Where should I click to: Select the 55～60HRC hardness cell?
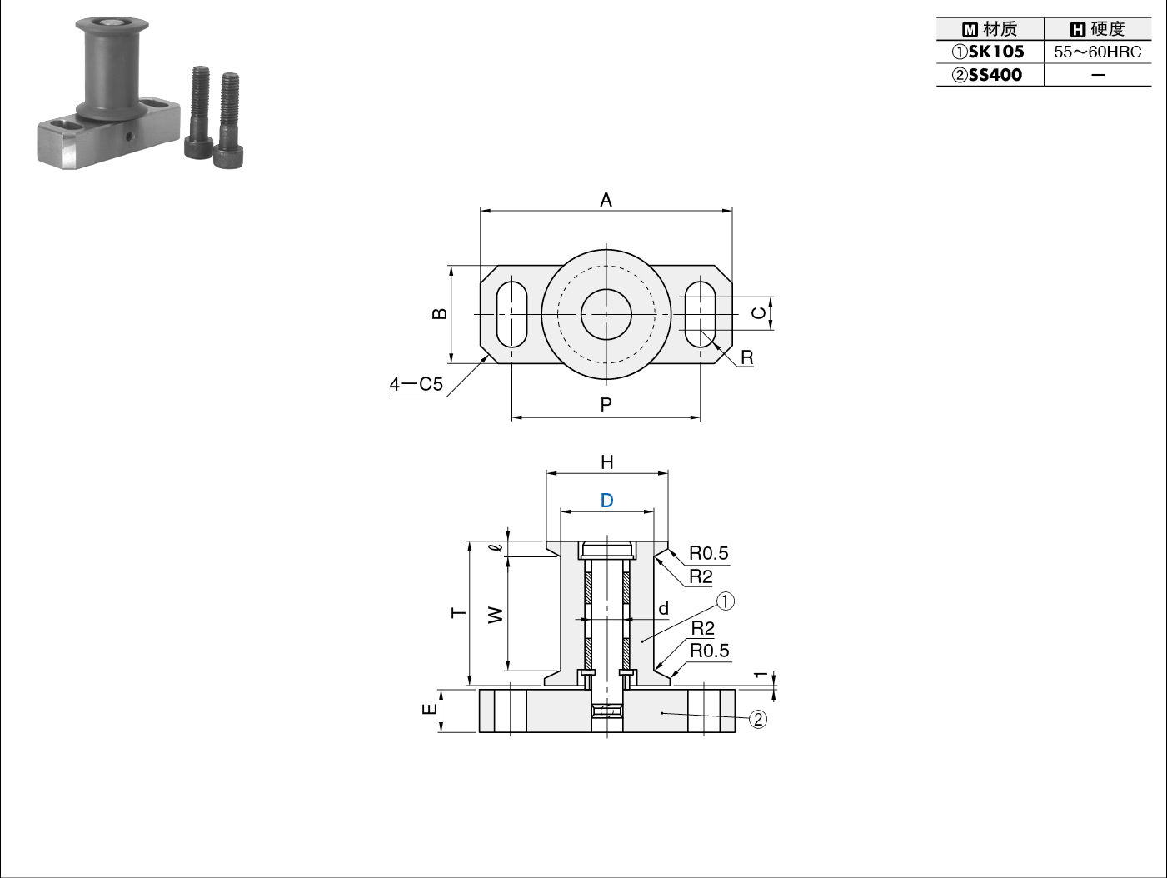pos(1097,52)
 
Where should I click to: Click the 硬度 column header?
pos(1097,28)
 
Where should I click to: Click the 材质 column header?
pos(990,28)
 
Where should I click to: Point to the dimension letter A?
pos(606,200)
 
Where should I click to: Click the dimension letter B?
pos(440,313)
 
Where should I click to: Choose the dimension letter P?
pos(606,405)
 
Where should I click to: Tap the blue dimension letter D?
pos(606,500)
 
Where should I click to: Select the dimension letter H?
pos(607,461)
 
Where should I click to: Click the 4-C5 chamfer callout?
pos(416,384)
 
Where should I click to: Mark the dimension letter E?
pos(430,709)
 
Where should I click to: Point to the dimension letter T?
pos(459,613)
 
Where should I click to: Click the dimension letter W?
pos(496,615)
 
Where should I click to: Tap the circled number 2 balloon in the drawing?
pos(758,719)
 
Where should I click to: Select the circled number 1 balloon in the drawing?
pos(726,601)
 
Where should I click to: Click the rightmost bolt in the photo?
pos(228,120)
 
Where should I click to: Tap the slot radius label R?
pos(747,357)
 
